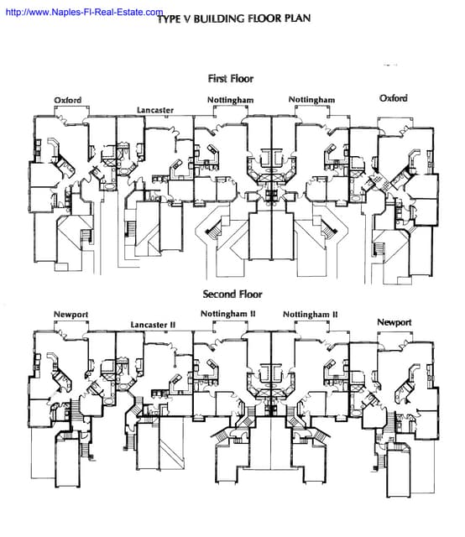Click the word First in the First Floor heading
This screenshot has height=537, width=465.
coord(218,78)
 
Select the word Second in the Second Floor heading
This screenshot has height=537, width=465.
coord(220,295)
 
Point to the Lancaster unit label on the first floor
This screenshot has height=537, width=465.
coord(156,110)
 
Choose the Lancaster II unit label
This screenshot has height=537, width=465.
coord(153,324)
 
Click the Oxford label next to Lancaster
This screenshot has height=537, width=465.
coord(68,100)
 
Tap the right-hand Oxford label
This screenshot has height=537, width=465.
coord(393,98)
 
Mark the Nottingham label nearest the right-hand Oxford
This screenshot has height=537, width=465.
coord(311,100)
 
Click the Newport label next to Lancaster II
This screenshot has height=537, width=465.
coord(71,315)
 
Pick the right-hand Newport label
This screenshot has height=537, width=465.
coord(394,322)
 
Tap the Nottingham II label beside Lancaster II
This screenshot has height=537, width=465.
coord(227,315)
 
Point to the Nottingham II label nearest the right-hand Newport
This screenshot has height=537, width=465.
coord(310,315)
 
